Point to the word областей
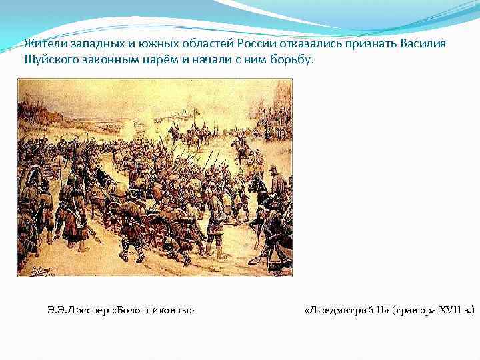pyautogui.click(x=201, y=44)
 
